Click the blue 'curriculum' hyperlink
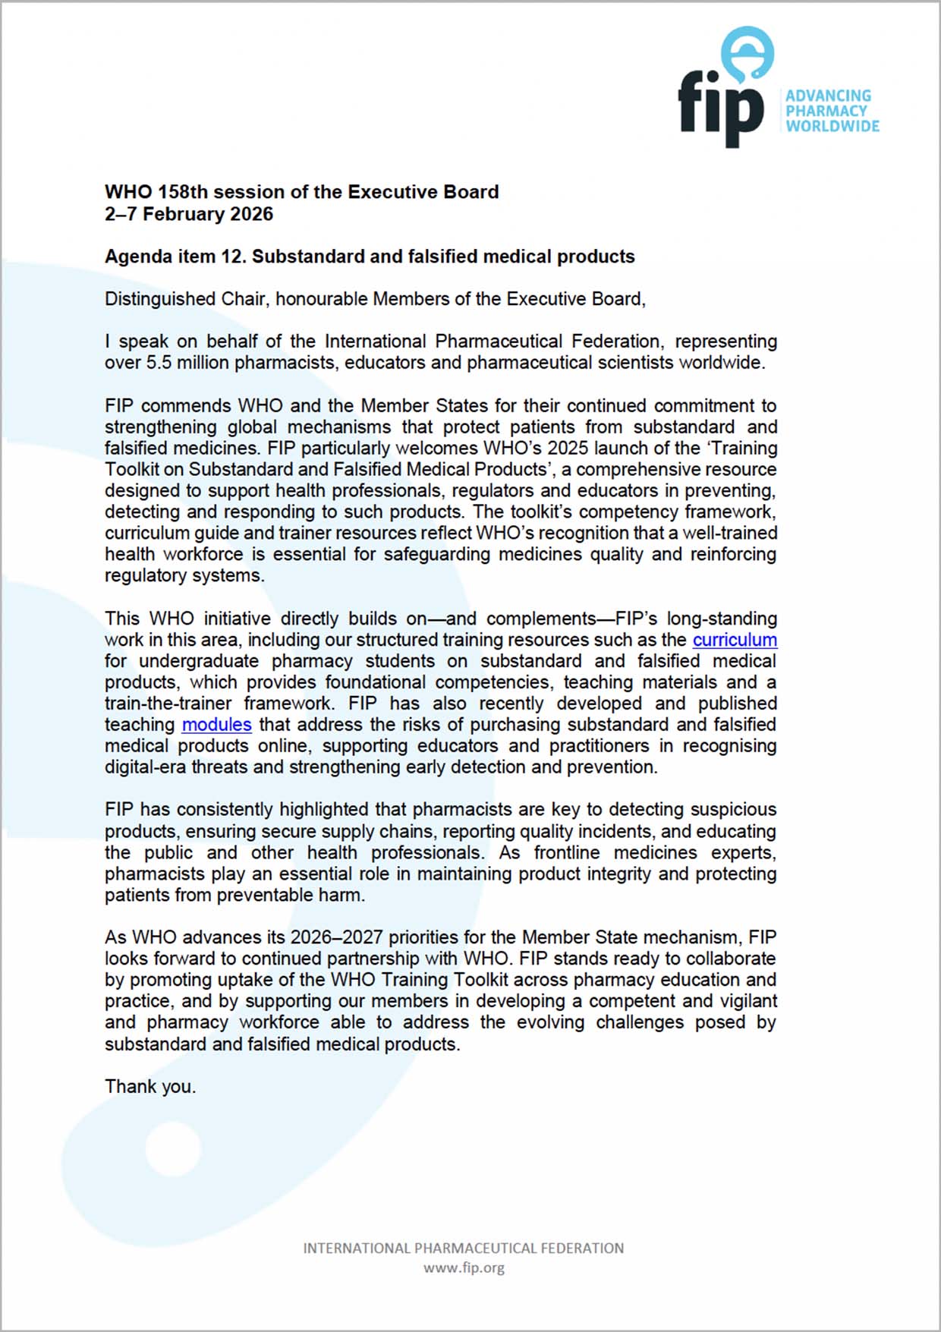tap(734, 640)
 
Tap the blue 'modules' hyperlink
tap(216, 725)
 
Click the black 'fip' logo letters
tap(719, 108)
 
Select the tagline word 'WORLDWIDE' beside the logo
tap(832, 126)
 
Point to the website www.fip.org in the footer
tap(464, 1267)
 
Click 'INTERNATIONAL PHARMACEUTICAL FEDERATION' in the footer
tap(464, 1248)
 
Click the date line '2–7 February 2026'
tap(189, 214)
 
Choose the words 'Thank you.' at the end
tap(150, 1087)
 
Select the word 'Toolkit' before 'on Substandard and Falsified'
tap(131, 470)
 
